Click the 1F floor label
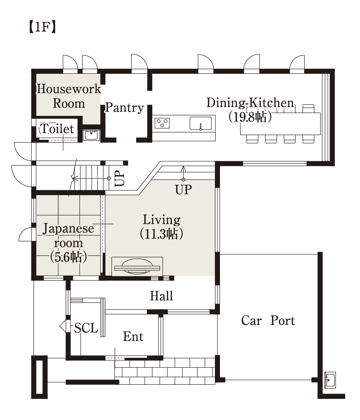[42, 27]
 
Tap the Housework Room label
[68, 96]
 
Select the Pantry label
[124, 108]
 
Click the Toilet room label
[57, 129]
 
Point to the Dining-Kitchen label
[250, 103]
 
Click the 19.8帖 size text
[250, 117]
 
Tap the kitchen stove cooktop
[162, 123]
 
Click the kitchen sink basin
[201, 123]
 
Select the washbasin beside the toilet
[91, 135]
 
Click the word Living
[162, 220]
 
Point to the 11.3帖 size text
[162, 234]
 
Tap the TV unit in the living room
[137, 267]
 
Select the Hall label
[161, 296]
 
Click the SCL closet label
[86, 328]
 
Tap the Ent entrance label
[133, 337]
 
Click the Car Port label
[268, 321]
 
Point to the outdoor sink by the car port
[330, 380]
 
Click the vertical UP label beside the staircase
[120, 179]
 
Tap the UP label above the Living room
[184, 190]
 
